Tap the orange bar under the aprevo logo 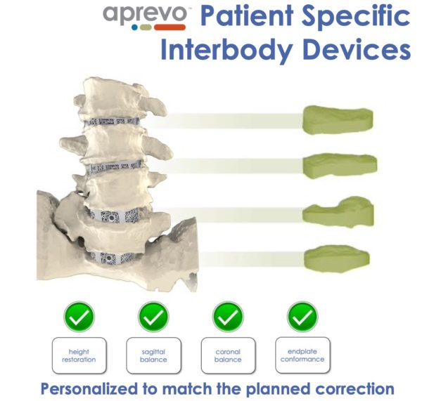click(170, 27)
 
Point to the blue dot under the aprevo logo click(134, 27)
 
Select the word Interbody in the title click(226, 51)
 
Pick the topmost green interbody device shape click(338, 120)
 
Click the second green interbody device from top click(340, 164)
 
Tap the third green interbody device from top click(338, 212)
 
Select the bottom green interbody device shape click(337, 258)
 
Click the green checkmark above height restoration click(79, 316)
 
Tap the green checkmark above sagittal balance click(153, 316)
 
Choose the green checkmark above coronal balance click(228, 316)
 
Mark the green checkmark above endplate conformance click(302, 316)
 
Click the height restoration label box click(79, 355)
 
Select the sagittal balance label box click(153, 355)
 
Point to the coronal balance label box click(228, 355)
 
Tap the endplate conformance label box click(302, 355)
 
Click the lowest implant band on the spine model click(113, 258)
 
